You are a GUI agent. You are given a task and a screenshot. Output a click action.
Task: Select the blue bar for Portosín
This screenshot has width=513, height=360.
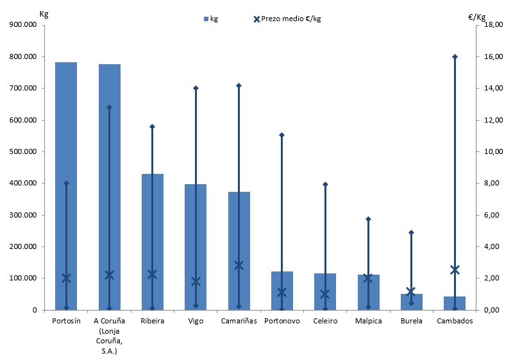pos(66,186)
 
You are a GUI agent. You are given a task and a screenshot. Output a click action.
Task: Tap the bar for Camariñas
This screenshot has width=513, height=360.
pos(239,250)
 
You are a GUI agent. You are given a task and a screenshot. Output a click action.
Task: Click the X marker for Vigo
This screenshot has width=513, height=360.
pos(196,281)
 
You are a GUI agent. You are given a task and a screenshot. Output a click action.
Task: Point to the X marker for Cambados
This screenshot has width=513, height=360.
pos(455,270)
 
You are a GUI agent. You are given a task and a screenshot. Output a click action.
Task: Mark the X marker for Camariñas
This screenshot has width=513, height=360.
pos(239,265)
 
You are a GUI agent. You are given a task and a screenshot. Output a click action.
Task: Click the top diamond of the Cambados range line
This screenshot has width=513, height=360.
pos(455,56)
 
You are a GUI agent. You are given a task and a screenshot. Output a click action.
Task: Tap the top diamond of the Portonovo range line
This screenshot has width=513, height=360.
pos(282,135)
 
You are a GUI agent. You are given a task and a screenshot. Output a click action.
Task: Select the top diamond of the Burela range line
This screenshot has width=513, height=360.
pos(412,232)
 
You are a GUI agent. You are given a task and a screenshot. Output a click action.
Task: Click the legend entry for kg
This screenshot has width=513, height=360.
pos(210,19)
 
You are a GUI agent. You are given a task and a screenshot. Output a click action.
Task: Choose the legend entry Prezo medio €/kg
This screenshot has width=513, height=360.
pos(287,19)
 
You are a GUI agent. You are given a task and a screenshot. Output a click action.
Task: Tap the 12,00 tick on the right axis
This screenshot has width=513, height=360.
pos(491,120)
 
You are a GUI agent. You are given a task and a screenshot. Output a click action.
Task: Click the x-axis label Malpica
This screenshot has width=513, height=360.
pos(368,321)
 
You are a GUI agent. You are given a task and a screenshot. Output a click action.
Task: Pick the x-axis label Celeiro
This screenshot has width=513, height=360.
pos(325,321)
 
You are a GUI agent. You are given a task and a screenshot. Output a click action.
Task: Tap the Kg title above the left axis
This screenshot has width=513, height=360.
pos(44,13)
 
